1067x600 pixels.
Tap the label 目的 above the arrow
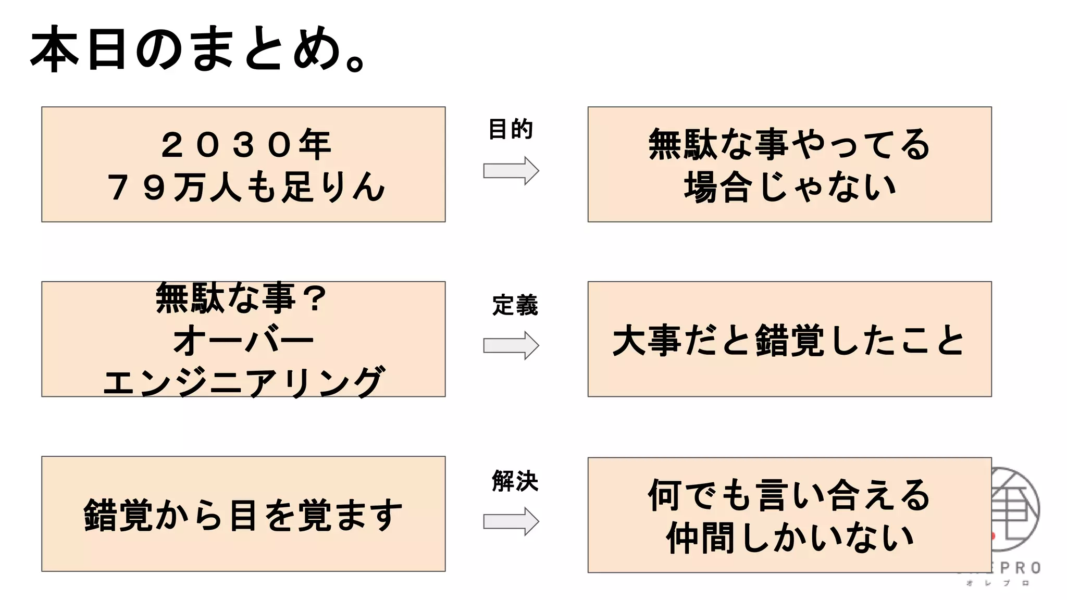pyautogui.click(x=510, y=129)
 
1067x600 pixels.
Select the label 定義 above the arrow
pyautogui.click(x=515, y=305)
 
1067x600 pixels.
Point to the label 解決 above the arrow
pyautogui.click(x=515, y=481)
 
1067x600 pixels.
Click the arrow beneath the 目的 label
pyautogui.click(x=511, y=170)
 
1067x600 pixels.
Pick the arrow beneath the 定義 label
pyautogui.click(x=511, y=345)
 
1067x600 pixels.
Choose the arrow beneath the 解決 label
pyautogui.click(x=511, y=521)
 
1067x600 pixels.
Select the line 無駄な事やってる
pyautogui.click(x=789, y=145)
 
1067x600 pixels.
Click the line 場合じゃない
pyautogui.click(x=789, y=187)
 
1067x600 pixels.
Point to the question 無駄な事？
pyautogui.click(x=241, y=298)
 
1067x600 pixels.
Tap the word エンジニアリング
pyautogui.click(x=243, y=381)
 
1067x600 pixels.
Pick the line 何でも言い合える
pyautogui.click(x=789, y=495)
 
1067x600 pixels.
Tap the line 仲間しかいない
pyautogui.click(x=789, y=537)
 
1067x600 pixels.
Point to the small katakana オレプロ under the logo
pyautogui.click(x=998, y=583)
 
